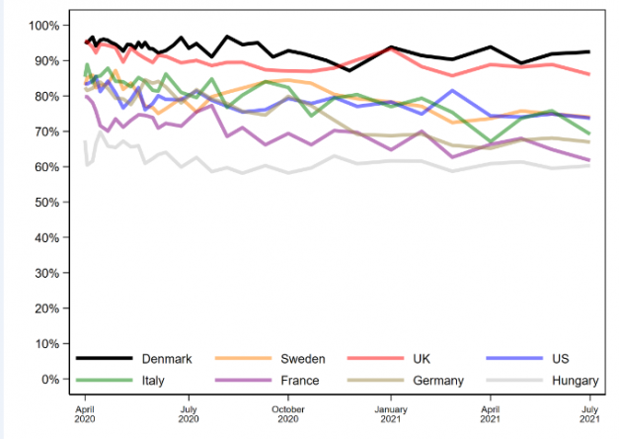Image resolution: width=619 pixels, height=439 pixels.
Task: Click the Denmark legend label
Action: (x=166, y=358)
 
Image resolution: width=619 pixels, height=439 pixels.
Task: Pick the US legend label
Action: (x=560, y=358)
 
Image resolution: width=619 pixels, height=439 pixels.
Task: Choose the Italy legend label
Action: (x=155, y=380)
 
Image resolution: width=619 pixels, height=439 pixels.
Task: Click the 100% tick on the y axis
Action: (x=45, y=25)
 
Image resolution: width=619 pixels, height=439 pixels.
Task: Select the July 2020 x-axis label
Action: (x=188, y=412)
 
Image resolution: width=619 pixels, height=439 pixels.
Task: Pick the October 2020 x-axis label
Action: (x=288, y=412)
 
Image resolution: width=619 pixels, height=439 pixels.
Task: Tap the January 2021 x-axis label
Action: (x=391, y=412)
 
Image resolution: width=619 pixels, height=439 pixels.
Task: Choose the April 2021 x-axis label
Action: (x=491, y=412)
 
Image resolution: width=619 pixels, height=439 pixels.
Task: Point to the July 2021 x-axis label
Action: (x=590, y=412)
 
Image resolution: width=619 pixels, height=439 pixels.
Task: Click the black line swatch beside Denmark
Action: (x=104, y=358)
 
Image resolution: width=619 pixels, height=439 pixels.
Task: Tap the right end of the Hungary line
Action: (x=590, y=165)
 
